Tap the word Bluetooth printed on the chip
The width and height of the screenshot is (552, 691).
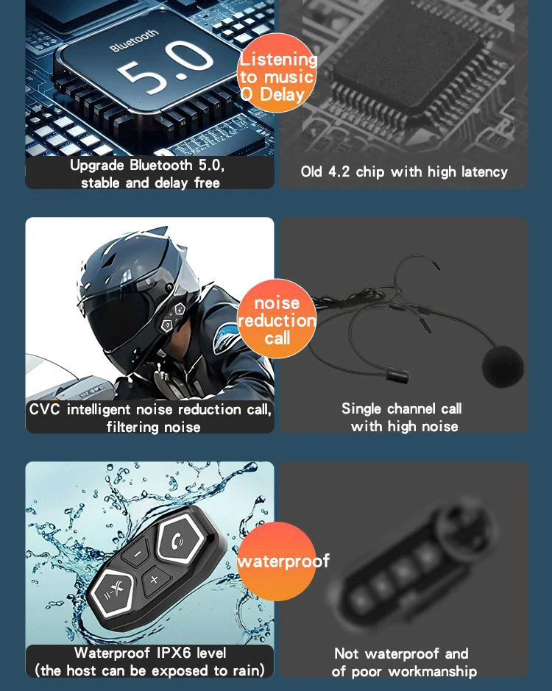[134, 40]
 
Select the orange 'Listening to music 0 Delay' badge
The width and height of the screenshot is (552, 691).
[277, 73]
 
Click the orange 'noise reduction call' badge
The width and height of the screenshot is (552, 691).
[277, 318]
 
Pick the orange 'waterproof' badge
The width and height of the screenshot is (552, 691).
[277, 561]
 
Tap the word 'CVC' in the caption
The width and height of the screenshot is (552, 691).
[44, 409]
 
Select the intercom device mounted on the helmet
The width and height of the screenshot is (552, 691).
[173, 316]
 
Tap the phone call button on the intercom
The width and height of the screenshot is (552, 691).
[177, 541]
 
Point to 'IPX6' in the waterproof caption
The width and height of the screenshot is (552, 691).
[174, 653]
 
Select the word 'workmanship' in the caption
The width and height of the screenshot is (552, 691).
[433, 671]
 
